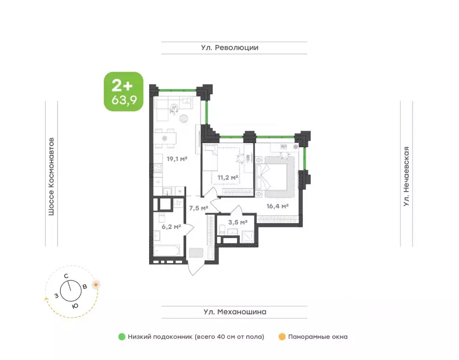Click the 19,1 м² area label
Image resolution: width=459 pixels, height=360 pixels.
(177, 159)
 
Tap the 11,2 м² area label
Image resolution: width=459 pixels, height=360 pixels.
(228, 177)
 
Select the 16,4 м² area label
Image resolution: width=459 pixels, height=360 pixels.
(278, 206)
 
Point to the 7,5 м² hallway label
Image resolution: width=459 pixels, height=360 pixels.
(198, 208)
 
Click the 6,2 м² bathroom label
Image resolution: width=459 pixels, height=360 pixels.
(171, 226)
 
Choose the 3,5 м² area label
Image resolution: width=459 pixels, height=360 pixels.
(238, 223)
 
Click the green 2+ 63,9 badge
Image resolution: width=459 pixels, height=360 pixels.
(124, 91)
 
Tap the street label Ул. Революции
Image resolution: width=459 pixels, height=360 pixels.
(230, 48)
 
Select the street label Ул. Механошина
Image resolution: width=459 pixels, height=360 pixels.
(235, 312)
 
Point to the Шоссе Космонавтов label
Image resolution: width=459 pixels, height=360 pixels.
(51, 177)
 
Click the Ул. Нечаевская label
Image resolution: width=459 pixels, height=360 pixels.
(406, 177)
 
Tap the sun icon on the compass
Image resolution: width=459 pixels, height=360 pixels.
(96, 285)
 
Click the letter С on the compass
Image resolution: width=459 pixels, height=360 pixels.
(67, 276)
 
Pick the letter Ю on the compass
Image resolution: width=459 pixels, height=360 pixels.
(75, 306)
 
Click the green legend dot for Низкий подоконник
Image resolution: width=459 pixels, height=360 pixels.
(122, 337)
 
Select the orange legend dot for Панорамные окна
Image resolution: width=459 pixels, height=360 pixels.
(282, 337)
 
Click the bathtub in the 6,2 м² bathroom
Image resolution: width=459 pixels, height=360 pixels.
(167, 251)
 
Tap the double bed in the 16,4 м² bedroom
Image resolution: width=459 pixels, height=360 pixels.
(272, 177)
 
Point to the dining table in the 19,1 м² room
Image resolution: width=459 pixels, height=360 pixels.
(165, 138)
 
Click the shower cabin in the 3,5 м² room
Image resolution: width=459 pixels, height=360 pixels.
(248, 236)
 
